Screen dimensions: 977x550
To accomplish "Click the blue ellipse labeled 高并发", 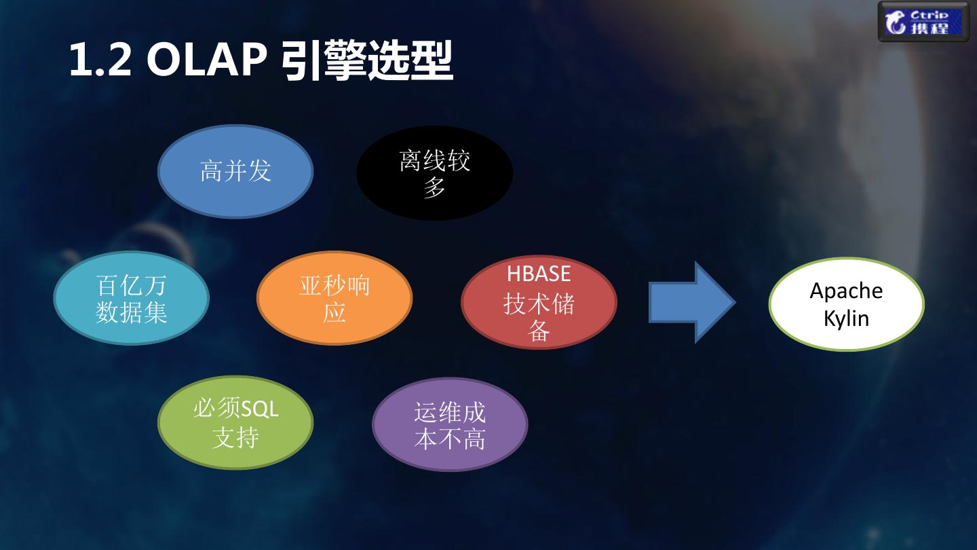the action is click(235, 171).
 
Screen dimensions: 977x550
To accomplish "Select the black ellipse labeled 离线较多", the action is click(434, 172).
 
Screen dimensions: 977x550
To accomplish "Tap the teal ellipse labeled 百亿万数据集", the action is click(131, 299).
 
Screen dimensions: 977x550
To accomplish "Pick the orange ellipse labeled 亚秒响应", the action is click(334, 299).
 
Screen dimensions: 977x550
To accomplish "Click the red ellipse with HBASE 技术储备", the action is click(539, 302).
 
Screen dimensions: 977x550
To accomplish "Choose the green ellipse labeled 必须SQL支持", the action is click(235, 422).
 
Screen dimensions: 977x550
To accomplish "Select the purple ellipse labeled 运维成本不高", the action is click(450, 425).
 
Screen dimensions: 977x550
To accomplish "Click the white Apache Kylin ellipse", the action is click(846, 304).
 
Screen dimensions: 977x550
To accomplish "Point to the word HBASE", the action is click(539, 274).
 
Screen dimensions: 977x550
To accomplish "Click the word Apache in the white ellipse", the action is click(846, 291).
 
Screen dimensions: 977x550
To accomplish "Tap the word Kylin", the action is click(846, 318).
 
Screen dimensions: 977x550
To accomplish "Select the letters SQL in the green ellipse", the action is click(261, 409).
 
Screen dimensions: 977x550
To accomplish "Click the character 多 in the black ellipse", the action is click(434, 187).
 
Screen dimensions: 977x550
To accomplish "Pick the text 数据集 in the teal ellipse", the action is click(131, 313).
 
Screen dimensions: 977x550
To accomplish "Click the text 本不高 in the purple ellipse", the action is click(450, 439).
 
